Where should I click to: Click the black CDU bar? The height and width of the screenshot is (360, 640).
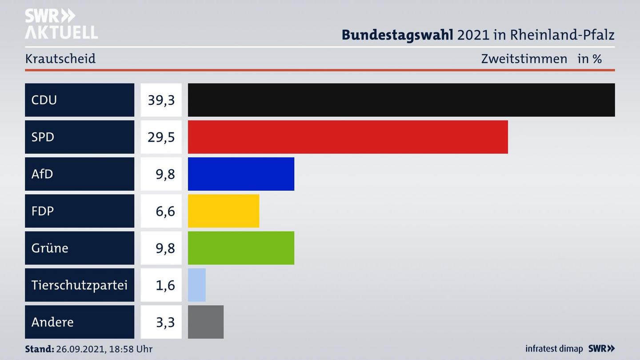coord(401,100)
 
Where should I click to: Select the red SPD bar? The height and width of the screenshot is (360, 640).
coord(348,137)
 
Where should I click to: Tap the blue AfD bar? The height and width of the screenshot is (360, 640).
coord(241,174)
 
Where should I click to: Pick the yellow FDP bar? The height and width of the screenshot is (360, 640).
coord(223,211)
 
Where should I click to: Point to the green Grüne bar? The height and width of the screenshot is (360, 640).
coord(241,248)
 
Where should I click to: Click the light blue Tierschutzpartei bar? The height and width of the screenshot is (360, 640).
coord(197,285)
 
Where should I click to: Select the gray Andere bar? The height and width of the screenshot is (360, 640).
coord(206,322)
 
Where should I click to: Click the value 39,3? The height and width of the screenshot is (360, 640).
coord(161,100)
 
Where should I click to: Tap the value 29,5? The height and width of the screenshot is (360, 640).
coord(161,137)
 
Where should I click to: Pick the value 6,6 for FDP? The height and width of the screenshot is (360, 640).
coord(165,211)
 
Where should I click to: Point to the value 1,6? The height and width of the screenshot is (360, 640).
coord(165,285)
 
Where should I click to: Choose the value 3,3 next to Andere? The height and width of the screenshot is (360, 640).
coord(165,322)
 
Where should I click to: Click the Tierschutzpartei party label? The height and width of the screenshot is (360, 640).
coord(79,285)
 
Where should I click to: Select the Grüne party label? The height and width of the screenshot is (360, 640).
coord(50,248)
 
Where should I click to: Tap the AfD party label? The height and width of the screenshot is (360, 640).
coord(42,174)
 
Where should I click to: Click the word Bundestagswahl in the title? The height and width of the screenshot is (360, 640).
coord(397,35)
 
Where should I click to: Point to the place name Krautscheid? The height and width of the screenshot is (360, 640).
coord(60,59)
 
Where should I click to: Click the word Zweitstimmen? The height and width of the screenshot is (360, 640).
coord(524,59)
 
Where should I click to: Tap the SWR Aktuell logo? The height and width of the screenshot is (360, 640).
coord(61,24)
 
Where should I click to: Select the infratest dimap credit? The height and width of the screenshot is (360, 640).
coord(554,349)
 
